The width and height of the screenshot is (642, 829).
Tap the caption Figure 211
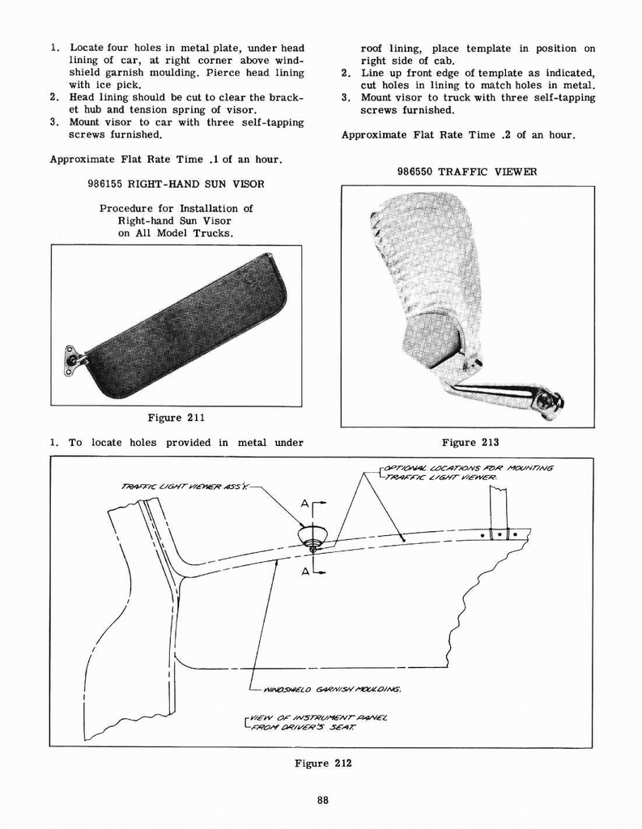176,418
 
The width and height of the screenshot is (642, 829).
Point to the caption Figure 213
470,442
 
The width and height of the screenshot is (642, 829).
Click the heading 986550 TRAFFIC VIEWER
467,172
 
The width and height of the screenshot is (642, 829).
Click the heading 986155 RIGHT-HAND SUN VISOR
176,184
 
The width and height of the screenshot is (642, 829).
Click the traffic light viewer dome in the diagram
312,535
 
